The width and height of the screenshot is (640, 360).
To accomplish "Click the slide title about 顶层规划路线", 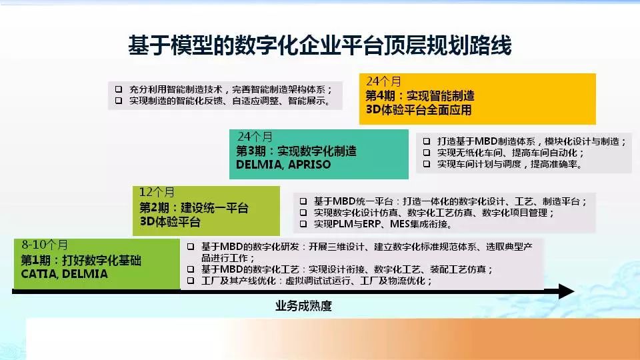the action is pos(319,45).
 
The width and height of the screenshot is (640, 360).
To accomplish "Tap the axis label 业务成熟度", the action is pos(303,306).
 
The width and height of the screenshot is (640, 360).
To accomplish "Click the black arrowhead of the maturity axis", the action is pos(567,291).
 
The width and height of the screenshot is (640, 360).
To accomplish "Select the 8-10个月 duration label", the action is pos(45,245).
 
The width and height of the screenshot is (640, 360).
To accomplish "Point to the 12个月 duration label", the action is pos(157,192).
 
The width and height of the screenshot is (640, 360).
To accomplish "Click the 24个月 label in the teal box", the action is pos(255,136).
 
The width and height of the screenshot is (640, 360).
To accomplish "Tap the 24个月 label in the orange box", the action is pos(384,81).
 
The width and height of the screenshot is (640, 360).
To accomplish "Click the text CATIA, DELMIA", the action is pos(65,274).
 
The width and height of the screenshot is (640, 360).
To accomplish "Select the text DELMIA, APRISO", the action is pos(283,165).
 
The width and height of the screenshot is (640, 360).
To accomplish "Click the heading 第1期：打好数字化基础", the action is pos(81,260).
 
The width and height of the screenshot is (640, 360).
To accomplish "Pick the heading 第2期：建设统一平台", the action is pos(194,208).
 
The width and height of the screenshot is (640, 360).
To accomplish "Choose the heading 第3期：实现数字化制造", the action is pos(296,151).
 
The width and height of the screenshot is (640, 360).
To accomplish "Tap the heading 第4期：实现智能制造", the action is pos(420,96).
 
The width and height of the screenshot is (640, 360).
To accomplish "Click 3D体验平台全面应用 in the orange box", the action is pos(419,110).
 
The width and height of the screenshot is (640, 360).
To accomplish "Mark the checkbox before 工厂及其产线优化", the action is pos(191,281).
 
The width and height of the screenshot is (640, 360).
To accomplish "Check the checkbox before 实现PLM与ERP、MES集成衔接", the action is pos(303,224).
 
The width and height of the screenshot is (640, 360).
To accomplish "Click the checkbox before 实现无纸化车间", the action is pos(427,153).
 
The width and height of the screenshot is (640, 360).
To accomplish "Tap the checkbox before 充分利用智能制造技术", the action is pos(119,89).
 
